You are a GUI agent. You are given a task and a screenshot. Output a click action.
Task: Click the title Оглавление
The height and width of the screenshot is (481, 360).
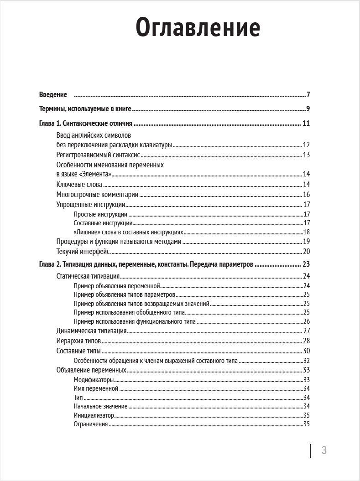coord(198,28)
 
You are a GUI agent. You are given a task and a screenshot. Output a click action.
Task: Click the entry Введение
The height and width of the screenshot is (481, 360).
coord(53,95)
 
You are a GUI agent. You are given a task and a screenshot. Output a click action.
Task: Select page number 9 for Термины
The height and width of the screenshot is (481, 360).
coord(308,109)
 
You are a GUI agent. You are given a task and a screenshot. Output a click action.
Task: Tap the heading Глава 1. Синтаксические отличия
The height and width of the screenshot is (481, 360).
coord(86,124)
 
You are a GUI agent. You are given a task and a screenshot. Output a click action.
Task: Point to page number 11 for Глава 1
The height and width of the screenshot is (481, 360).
coord(306,124)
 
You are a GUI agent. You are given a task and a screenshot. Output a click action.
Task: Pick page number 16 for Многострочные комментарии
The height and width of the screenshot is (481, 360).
coord(307,195)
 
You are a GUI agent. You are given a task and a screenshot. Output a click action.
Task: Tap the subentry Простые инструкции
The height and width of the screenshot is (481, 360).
coord(100,214)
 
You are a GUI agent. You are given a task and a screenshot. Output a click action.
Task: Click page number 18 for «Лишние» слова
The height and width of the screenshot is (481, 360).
coord(307,232)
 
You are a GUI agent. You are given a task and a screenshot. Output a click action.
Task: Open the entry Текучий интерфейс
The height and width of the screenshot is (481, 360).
coord(83,251)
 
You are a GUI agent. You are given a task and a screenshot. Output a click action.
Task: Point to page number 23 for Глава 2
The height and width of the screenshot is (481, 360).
coord(306,264)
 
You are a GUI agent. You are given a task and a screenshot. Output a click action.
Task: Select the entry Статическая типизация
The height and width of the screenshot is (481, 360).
coord(88,276)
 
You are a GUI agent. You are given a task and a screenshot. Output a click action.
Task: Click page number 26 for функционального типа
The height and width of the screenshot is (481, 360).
coord(307,321)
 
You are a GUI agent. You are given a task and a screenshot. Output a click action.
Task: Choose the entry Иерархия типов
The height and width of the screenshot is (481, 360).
coord(78,341)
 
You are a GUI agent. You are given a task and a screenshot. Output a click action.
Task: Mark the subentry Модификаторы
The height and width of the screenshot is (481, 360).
coord(94,380)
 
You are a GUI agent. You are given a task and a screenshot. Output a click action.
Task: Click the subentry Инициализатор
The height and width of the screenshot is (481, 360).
coord(94,415)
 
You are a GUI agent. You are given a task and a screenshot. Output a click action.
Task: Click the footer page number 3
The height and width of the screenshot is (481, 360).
coord(324,450)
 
